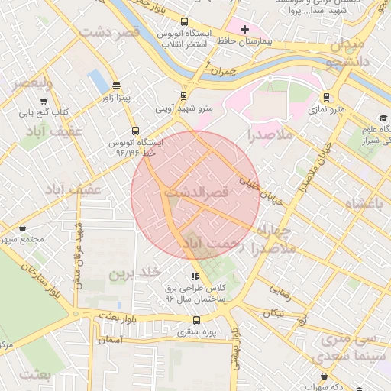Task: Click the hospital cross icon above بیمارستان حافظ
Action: point(244,30)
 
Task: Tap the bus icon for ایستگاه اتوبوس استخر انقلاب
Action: point(186,22)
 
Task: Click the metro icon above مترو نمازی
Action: point(327,97)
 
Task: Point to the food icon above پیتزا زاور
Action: point(115,86)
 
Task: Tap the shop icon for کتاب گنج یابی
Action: point(43,100)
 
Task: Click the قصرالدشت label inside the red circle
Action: point(197,194)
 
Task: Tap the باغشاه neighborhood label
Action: point(366,204)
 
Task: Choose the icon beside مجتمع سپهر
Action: point(23,228)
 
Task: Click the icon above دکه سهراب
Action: point(326,376)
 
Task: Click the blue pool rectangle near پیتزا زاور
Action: point(98,80)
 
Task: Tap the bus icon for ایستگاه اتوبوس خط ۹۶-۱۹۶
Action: point(135,131)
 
